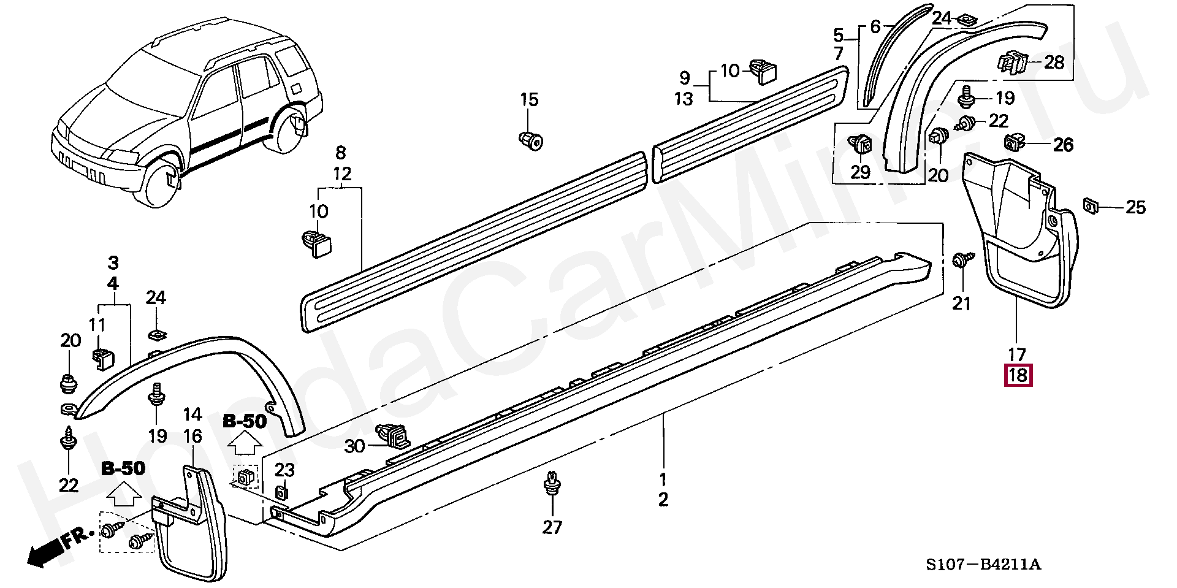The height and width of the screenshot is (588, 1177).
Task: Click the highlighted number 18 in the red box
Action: pyautogui.click(x=1018, y=375)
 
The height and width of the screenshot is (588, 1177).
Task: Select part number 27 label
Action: pyautogui.click(x=552, y=527)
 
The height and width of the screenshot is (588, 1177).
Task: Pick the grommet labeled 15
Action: pyautogui.click(x=531, y=141)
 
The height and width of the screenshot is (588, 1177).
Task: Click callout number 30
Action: pyautogui.click(x=354, y=446)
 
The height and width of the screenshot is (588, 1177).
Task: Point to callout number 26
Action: pyautogui.click(x=1063, y=145)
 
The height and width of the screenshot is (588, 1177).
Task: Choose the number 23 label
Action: pyautogui.click(x=284, y=470)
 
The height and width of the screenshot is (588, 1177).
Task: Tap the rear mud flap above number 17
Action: pyautogui.click(x=1018, y=233)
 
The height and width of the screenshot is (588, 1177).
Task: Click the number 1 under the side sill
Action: pyautogui.click(x=663, y=479)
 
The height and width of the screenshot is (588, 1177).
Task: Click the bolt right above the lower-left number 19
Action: pyautogui.click(x=157, y=394)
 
